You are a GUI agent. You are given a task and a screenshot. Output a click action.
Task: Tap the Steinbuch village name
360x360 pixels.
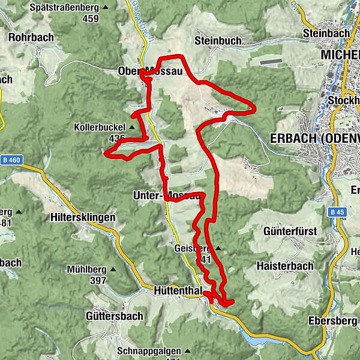(x=218, y=41)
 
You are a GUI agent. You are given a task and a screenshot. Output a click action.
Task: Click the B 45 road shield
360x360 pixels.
(x=337, y=212)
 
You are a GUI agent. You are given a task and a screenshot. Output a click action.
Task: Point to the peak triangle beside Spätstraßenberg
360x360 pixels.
(x=106, y=7)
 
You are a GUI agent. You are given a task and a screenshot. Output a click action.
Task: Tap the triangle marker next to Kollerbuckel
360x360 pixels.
(x=131, y=127)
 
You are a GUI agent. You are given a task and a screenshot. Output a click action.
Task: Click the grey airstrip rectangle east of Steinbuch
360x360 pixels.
(x=271, y=60)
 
